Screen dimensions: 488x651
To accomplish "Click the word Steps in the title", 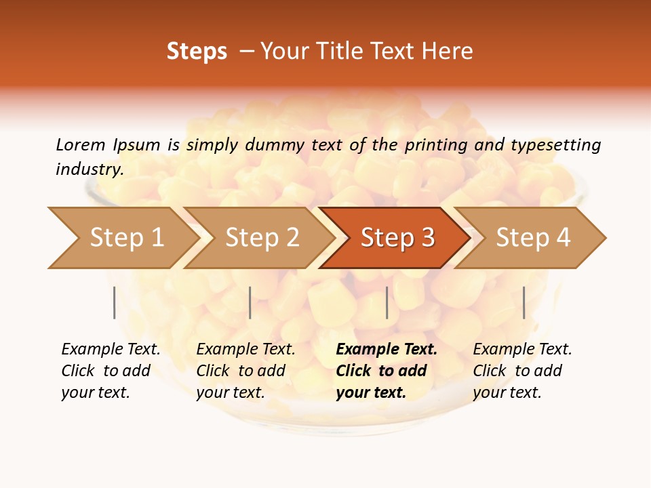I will coord(197,52).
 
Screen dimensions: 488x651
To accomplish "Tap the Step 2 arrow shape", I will coord(262,237).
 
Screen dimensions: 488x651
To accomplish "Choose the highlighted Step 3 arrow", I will coord(397,237).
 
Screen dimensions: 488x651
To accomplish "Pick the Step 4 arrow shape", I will coord(533,237).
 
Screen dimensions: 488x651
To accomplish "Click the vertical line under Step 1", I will coord(114,302).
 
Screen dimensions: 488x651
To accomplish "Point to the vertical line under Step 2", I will coord(250,302).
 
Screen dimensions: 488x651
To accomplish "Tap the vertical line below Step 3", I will coord(387,302).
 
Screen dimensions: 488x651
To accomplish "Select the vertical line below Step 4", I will coord(524,302).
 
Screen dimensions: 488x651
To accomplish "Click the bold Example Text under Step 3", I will coord(387,370).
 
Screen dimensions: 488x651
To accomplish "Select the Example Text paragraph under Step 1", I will coord(111,370).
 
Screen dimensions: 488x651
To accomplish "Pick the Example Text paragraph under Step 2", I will coord(245,370).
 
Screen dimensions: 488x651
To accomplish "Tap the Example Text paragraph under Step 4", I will coord(522,370).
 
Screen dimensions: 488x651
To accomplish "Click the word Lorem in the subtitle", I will coord(80,144).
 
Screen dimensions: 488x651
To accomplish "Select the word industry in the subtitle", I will coord(88,169).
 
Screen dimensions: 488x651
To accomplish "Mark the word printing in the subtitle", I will coord(436,144).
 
